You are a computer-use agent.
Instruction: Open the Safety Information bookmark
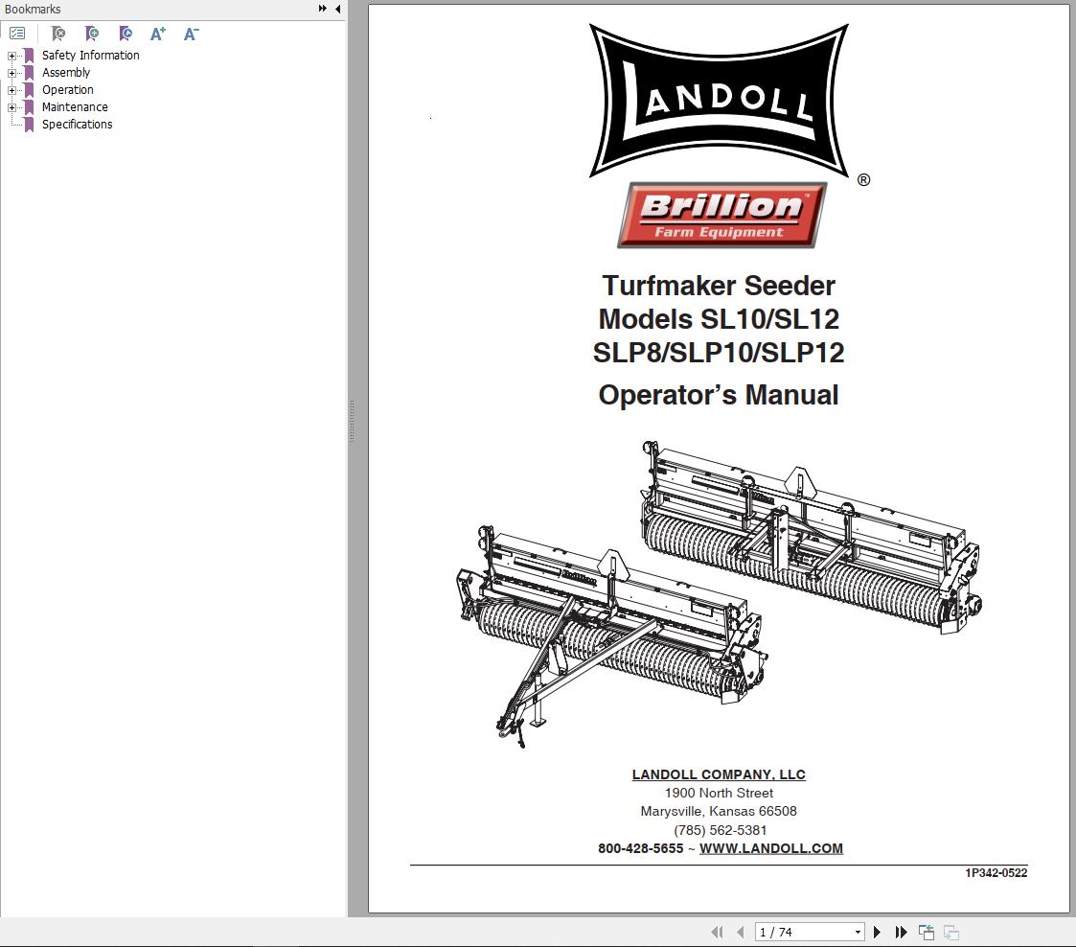pyautogui.click(x=90, y=56)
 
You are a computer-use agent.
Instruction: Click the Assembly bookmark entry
pyautogui.click(x=65, y=73)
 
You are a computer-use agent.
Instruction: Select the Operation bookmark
pyautogui.click(x=67, y=90)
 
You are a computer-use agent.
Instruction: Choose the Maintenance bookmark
pyautogui.click(x=74, y=107)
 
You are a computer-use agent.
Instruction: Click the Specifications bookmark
pyautogui.click(x=77, y=125)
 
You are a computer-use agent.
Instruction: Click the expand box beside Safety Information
pyautogui.click(x=12, y=56)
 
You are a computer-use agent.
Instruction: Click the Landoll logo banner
pyautogui.click(x=719, y=101)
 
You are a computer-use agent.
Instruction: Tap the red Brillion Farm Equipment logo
pyautogui.click(x=721, y=215)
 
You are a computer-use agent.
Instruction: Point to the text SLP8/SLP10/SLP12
pyautogui.click(x=719, y=353)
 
